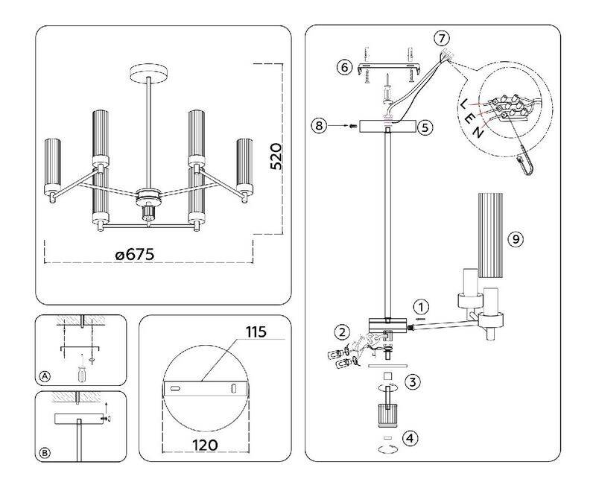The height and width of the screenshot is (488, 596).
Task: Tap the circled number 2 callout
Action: point(341,332)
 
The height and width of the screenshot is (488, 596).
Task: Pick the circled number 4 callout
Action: point(409,438)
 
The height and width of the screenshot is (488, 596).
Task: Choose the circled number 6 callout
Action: point(343,67)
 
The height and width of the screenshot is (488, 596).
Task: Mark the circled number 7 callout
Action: point(442,37)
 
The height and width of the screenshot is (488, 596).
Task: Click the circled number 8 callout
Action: point(319,126)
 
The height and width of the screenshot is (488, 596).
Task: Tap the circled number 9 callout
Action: point(514,239)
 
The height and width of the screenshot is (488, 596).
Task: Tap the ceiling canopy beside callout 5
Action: point(388,127)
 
